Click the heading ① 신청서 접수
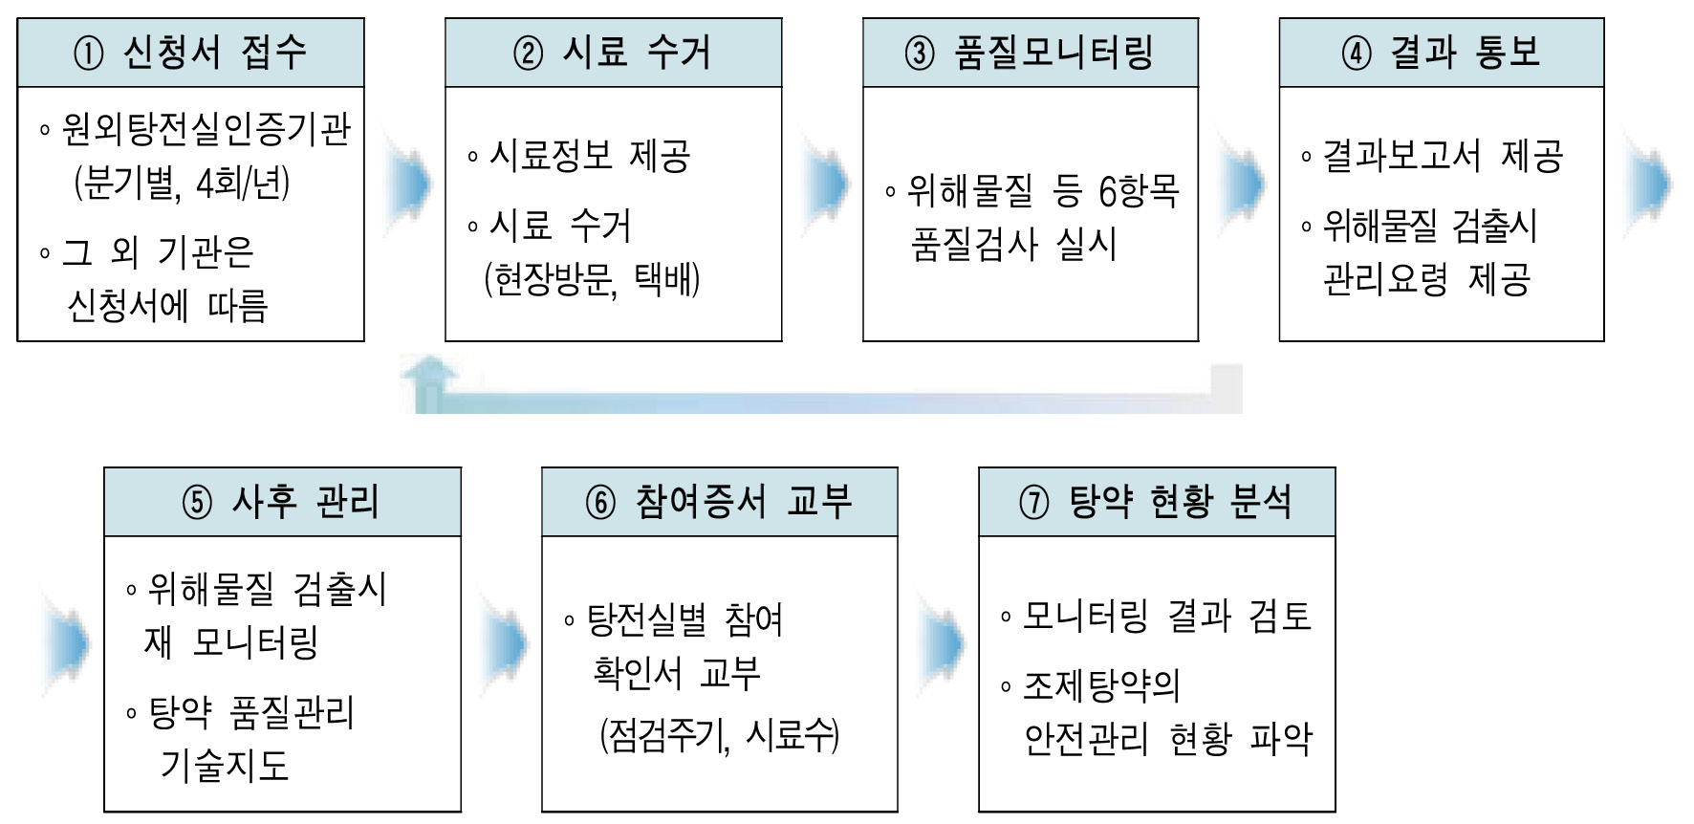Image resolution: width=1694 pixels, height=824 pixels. coord(190,53)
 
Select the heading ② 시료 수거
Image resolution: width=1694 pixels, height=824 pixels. coord(613,53)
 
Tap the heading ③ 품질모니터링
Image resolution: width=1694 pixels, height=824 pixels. coord(1030,53)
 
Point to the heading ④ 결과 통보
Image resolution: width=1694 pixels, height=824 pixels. coord(1441,53)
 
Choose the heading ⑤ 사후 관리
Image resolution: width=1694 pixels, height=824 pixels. coord(281,502)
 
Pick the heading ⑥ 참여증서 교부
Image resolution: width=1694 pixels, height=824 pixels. coord(719,502)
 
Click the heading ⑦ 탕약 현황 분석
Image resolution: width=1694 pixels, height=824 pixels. coord(1156,502)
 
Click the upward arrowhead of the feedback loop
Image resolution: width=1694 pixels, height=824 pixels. coord(428,373)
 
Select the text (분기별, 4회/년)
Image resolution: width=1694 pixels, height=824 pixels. coord(182,183)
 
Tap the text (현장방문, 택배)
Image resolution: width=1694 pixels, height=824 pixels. coord(592,279)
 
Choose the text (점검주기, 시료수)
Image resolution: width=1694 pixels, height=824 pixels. coord(719,735)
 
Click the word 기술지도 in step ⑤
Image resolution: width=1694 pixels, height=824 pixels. coord(225,765)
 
